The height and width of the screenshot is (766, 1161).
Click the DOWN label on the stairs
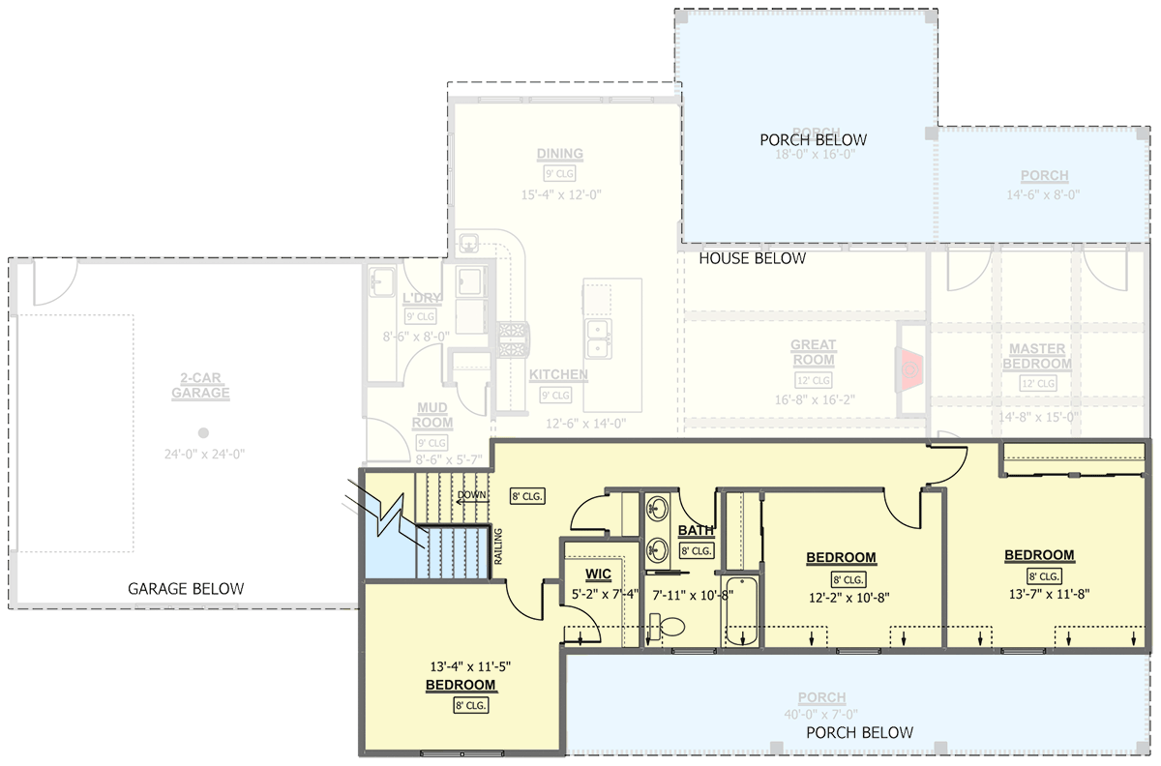tap(471, 495)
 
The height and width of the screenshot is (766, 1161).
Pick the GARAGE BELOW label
tap(186, 588)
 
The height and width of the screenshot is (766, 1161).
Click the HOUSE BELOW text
tap(752, 258)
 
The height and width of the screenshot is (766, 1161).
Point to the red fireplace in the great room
tap(910, 369)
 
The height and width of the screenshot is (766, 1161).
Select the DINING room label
tap(560, 154)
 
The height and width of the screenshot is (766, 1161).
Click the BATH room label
tap(696, 531)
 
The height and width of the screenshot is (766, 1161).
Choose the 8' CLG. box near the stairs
tap(528, 496)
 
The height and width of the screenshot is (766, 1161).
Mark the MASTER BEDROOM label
tap(1036, 356)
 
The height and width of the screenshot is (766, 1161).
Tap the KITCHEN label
tap(558, 374)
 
